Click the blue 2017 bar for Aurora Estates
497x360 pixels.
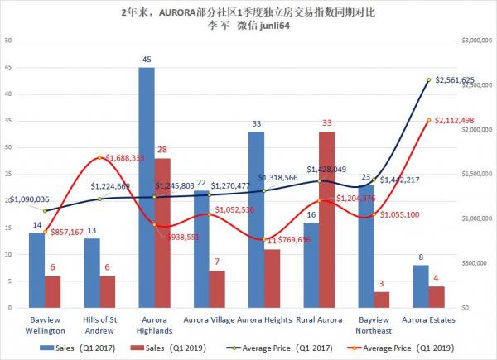click(419, 286)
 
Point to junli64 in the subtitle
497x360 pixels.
click(273, 28)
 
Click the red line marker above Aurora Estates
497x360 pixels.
click(428, 120)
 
